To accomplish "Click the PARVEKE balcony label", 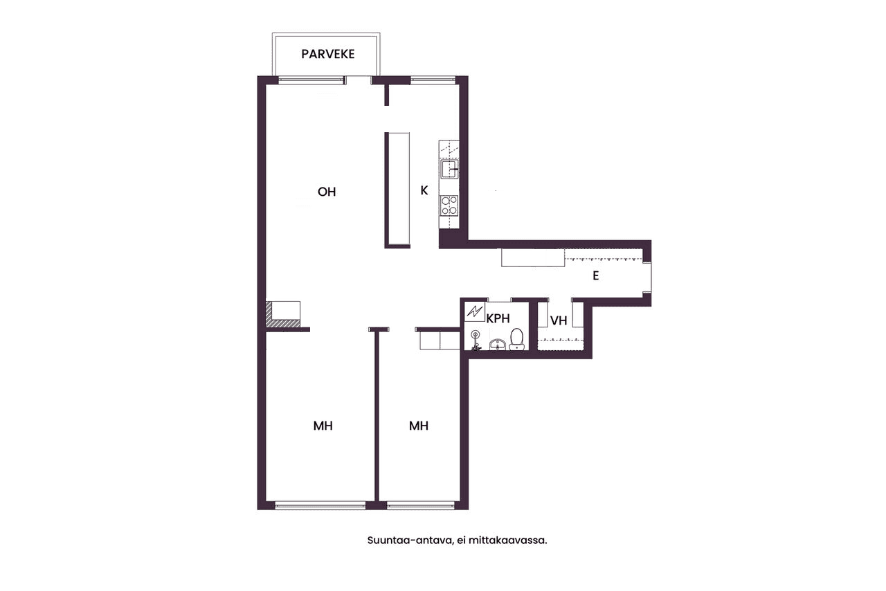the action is click(328, 54).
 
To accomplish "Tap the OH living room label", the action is click(327, 192).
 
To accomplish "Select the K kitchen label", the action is click(424, 191).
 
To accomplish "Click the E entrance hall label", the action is click(596, 275).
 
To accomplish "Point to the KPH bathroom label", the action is click(498, 318).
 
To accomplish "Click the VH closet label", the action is click(559, 320).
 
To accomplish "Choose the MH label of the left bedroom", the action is click(323, 426).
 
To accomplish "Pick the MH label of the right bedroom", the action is click(419, 426).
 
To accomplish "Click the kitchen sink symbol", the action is click(449, 170).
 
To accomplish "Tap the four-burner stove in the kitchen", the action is click(449, 206).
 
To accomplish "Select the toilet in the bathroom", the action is click(516, 339).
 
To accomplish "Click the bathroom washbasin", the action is click(498, 345).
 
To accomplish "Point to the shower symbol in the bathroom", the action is click(476, 341).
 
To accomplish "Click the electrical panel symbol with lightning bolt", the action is click(475, 312).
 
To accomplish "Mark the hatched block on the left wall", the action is click(282, 315).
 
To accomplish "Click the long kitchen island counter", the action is click(397, 190).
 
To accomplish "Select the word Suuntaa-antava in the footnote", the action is click(410, 540).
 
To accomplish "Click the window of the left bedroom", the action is click(320, 505).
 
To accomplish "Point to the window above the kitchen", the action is click(433, 80).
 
